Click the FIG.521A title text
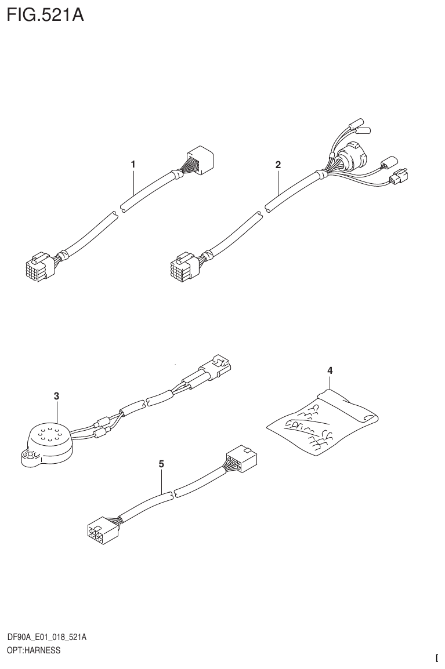(45, 14)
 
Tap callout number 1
(133, 165)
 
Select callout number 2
(278, 165)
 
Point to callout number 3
(56, 396)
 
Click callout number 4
(330, 370)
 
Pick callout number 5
(161, 464)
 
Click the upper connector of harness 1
(199, 161)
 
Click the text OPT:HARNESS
(33, 651)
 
